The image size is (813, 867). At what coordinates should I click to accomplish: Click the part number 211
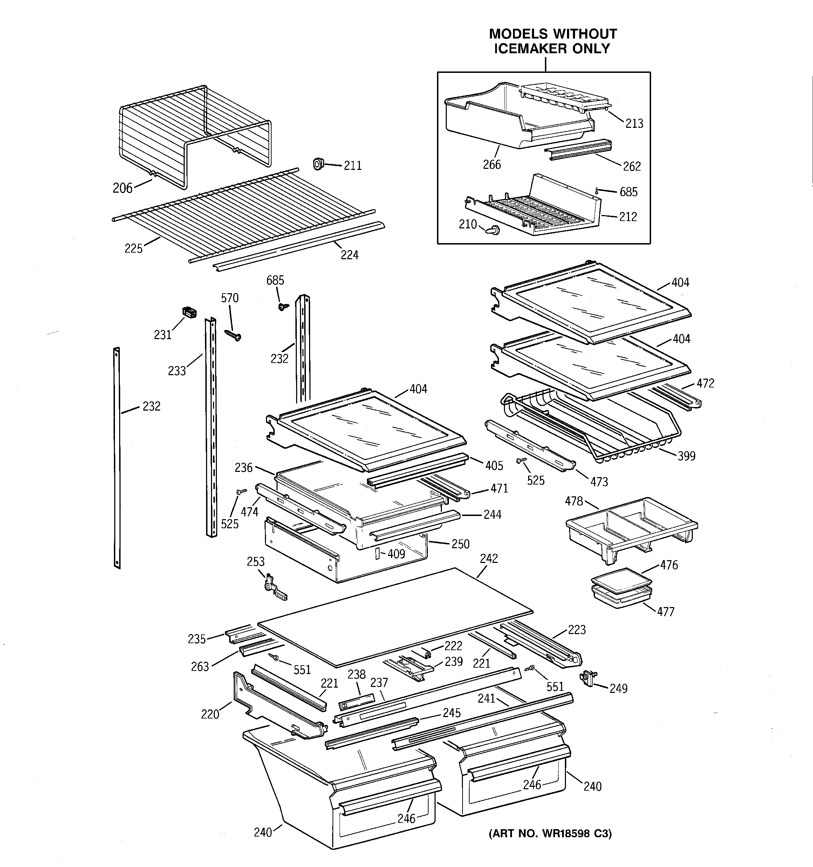pyautogui.click(x=353, y=166)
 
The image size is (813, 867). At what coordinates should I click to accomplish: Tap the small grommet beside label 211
pyautogui.click(x=318, y=164)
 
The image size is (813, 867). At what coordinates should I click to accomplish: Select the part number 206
pyautogui.click(x=122, y=188)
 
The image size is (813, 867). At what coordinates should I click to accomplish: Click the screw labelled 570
pyautogui.click(x=233, y=335)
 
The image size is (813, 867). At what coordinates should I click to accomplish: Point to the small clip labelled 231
pyautogui.click(x=189, y=312)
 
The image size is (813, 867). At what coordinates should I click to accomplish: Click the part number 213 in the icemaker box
pyautogui.click(x=634, y=124)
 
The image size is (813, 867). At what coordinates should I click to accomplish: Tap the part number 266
pyautogui.click(x=492, y=165)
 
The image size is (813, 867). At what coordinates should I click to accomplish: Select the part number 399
pyautogui.click(x=686, y=456)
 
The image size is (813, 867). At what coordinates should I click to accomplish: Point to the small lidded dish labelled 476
pyautogui.click(x=621, y=580)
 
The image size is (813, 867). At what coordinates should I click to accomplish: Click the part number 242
pyautogui.click(x=489, y=559)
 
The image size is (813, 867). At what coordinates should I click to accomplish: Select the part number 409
pyautogui.click(x=396, y=554)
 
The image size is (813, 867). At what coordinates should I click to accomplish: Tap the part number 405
pyautogui.click(x=494, y=466)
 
